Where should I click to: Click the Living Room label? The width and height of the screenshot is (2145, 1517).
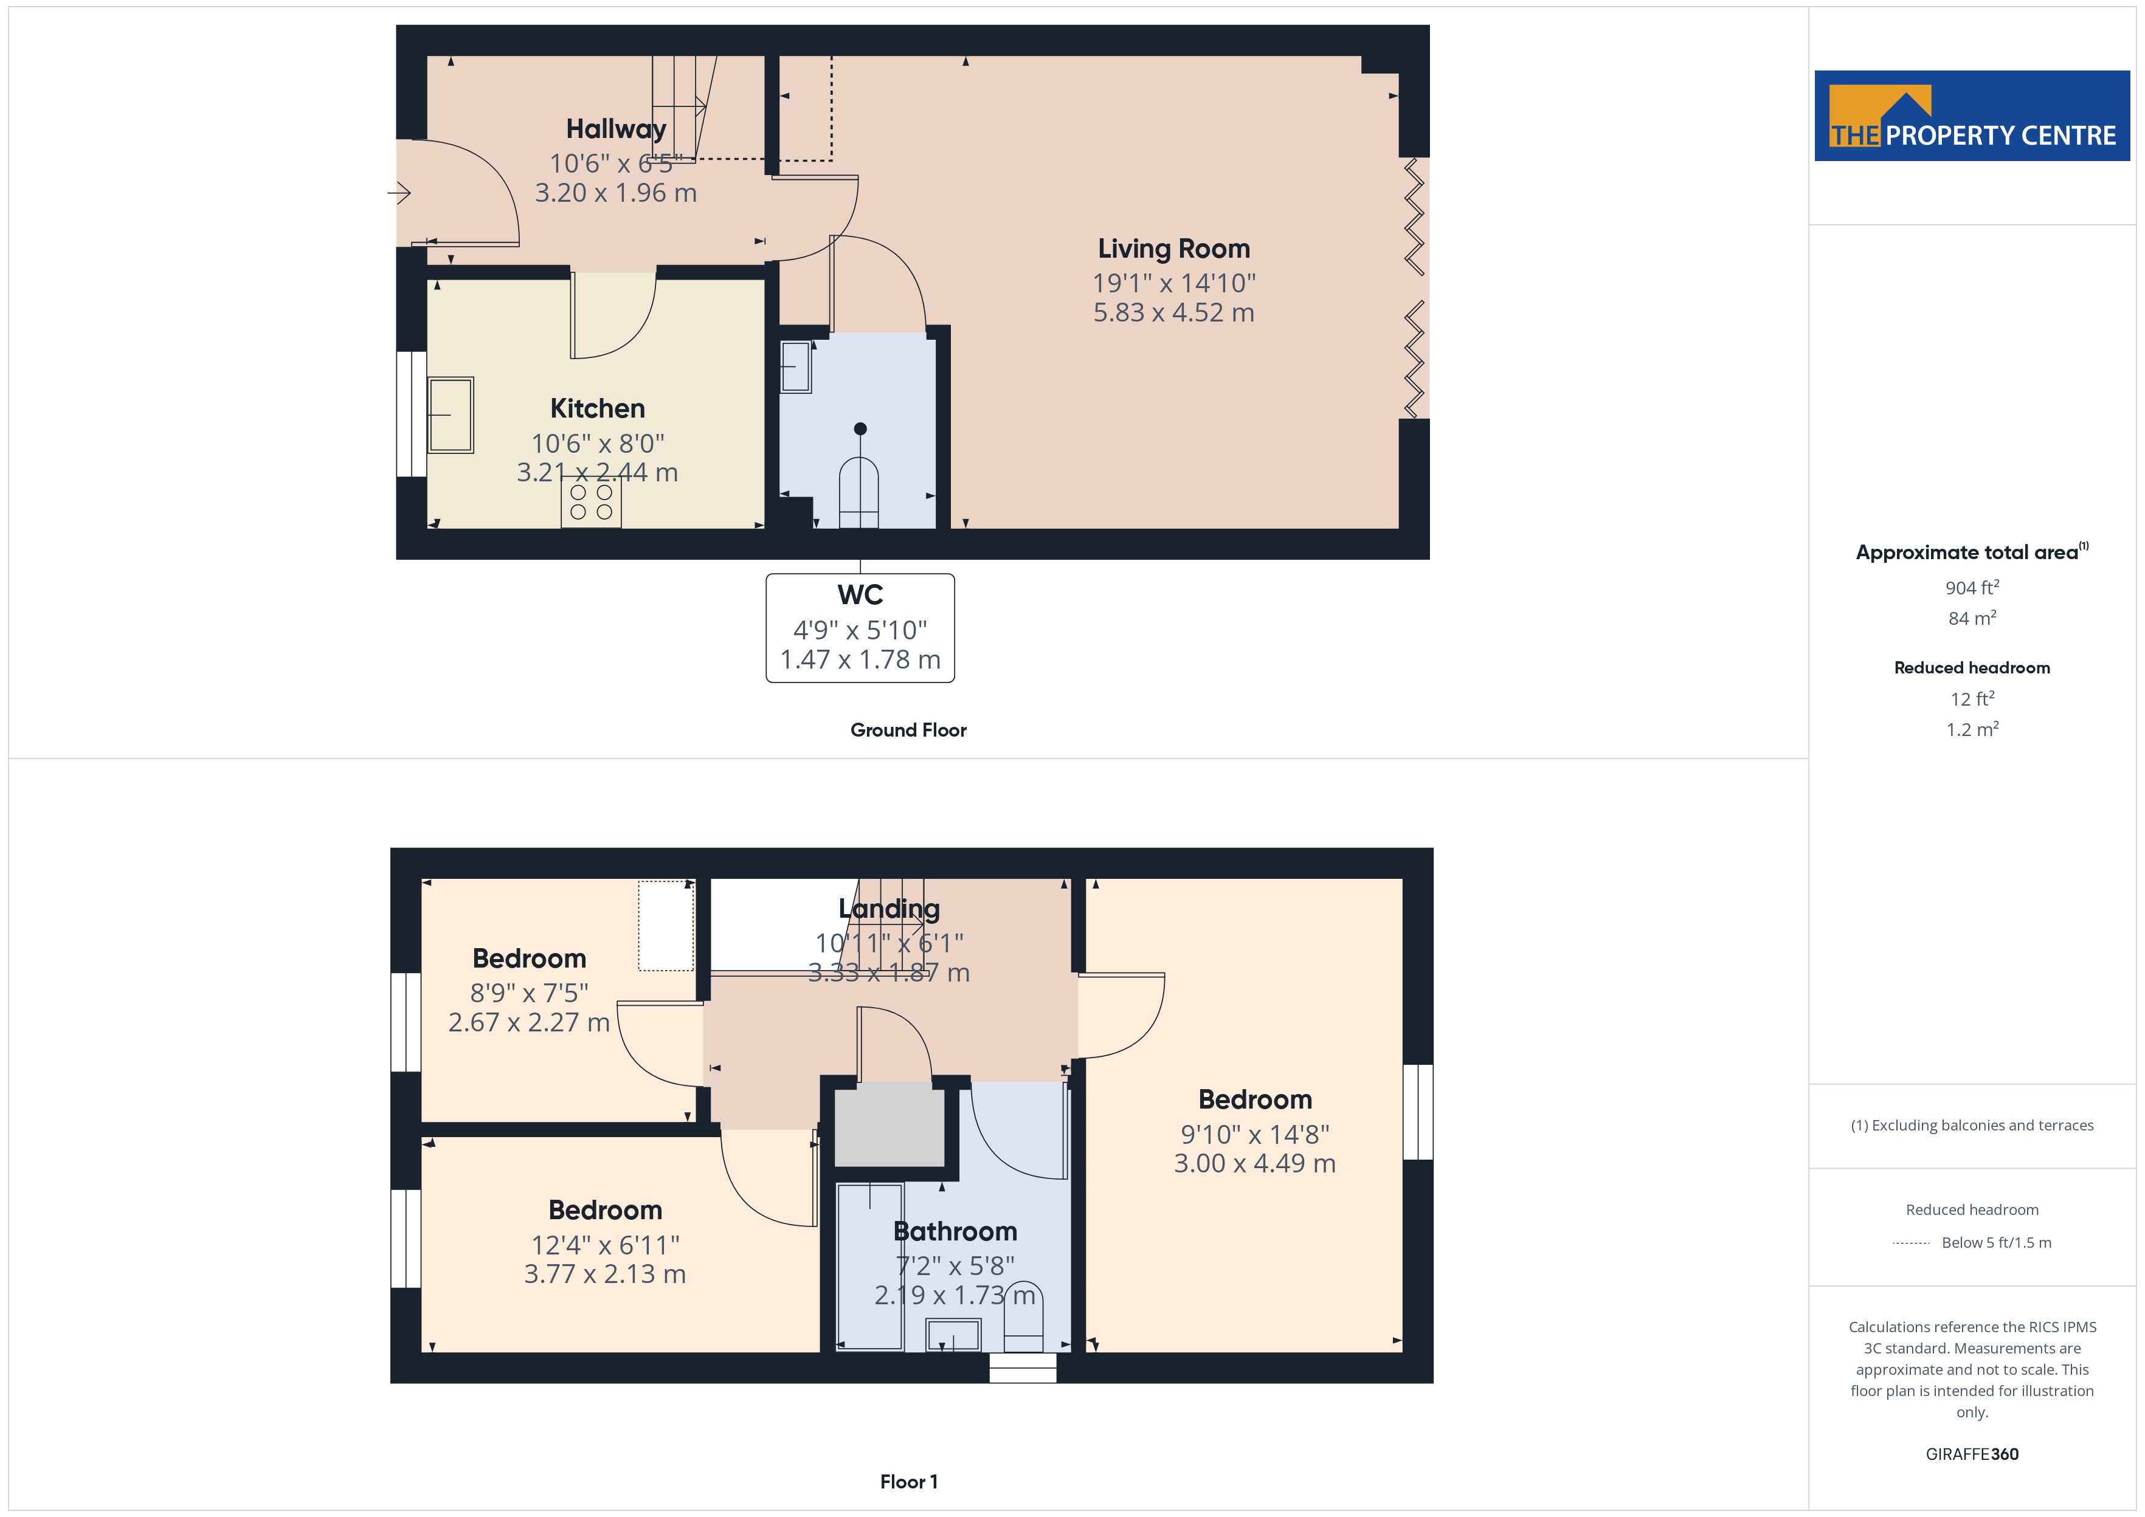[x=1173, y=249]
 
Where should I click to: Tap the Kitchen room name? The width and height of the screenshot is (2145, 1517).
[x=597, y=408]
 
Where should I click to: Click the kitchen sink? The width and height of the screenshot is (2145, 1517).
[x=451, y=415]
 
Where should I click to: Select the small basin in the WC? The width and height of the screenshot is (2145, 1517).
[x=796, y=367]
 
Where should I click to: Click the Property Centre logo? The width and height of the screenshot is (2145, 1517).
[x=1971, y=116]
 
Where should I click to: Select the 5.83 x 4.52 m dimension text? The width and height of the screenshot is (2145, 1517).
[x=1173, y=313]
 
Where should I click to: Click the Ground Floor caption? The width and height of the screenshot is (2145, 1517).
[x=908, y=731]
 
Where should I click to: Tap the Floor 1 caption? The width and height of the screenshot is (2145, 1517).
[x=908, y=1482]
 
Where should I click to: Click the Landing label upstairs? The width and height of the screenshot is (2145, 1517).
[x=888, y=909]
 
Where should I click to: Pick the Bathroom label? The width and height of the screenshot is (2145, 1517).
[x=955, y=1231]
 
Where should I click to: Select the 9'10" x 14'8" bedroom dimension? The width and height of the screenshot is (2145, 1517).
[x=1255, y=1134]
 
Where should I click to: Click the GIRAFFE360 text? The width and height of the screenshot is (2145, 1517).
[x=1971, y=1454]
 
